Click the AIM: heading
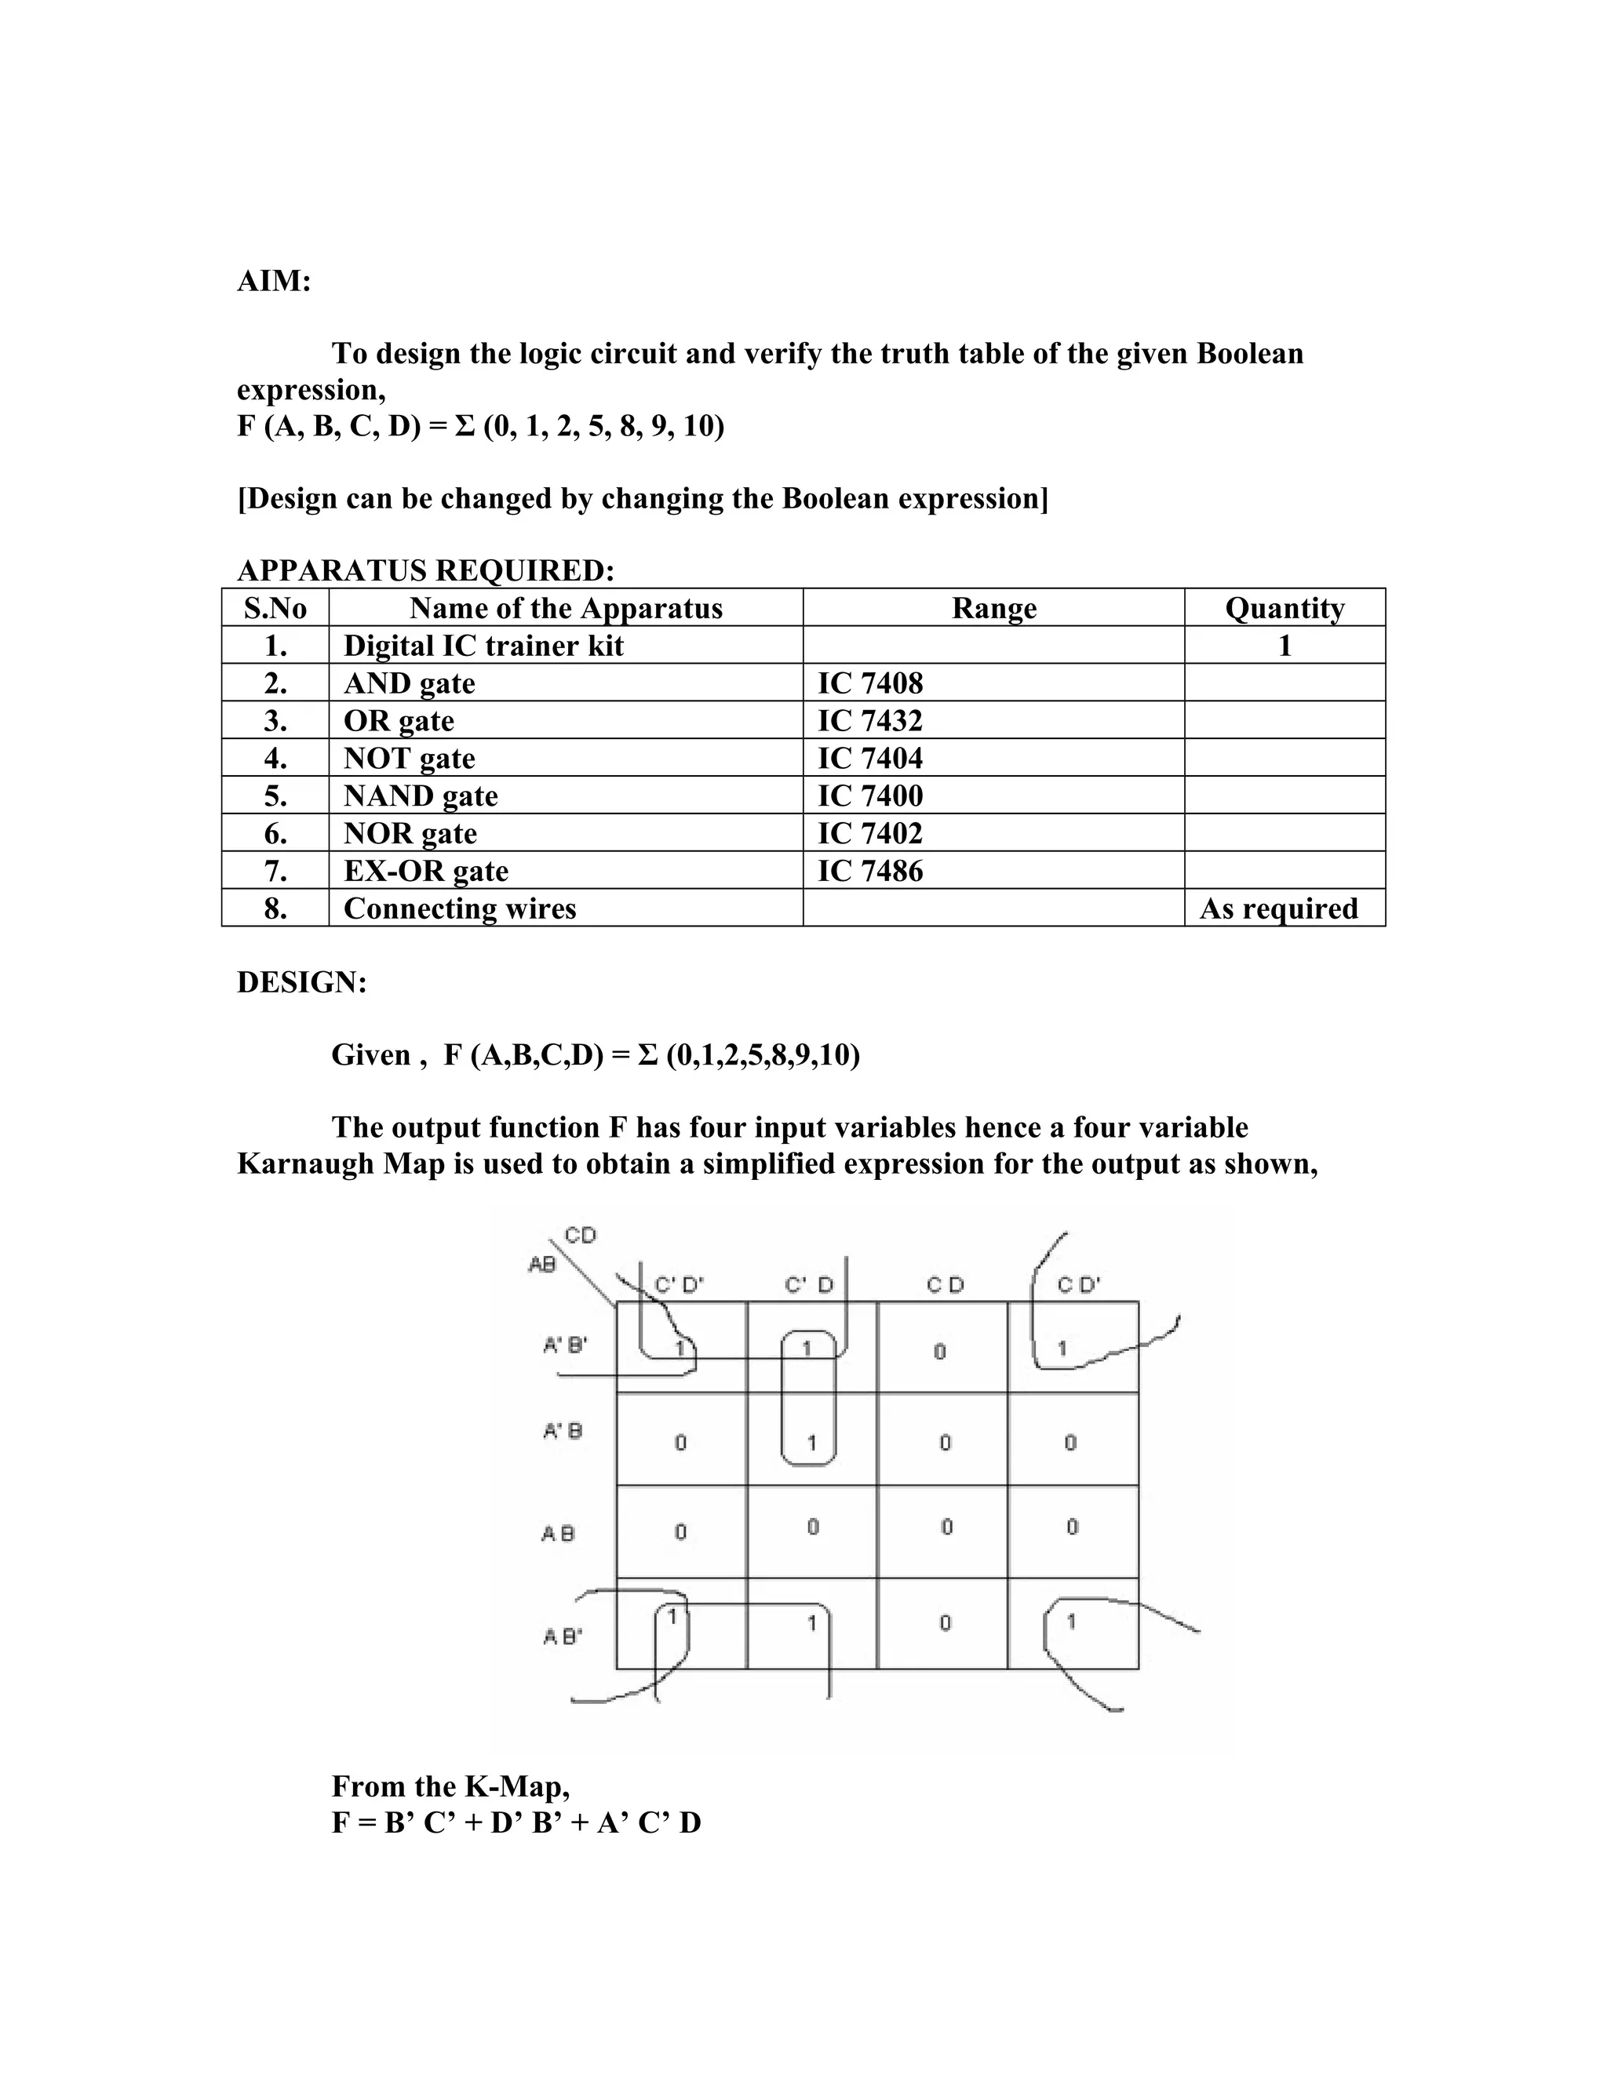click(273, 282)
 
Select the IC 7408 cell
click(869, 683)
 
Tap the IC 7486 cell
click(869, 871)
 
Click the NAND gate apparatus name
click(420, 796)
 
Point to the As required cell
click(1277, 908)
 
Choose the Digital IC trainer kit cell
click(483, 646)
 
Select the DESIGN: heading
click(301, 982)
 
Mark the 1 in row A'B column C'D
click(812, 1443)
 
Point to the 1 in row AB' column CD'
click(1071, 1620)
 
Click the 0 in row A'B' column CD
click(939, 1352)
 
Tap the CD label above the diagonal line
click(580, 1236)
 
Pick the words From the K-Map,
click(450, 1786)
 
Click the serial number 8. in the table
click(275, 908)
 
